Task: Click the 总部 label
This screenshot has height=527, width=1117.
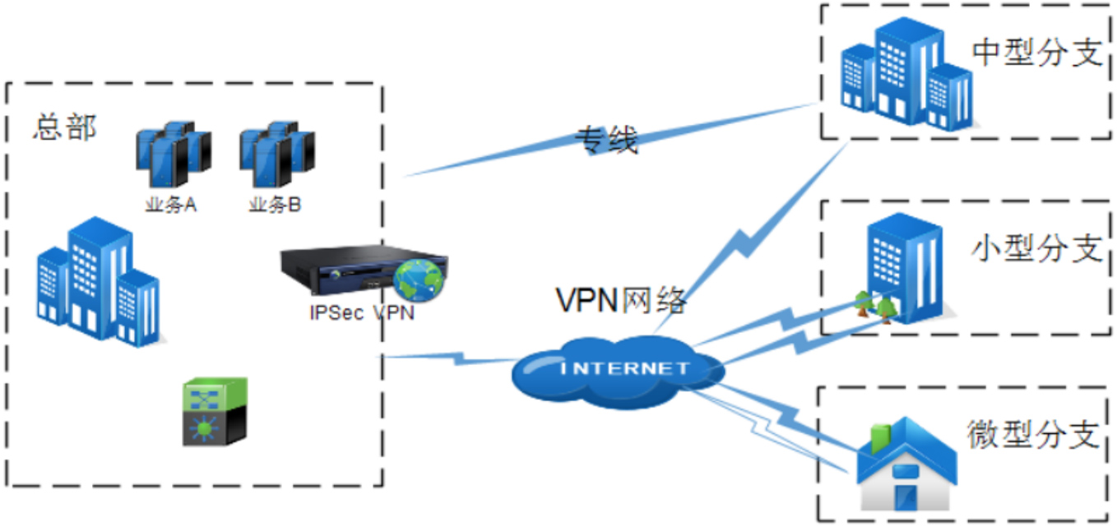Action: pos(64,127)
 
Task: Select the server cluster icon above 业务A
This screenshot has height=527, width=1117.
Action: pos(173,155)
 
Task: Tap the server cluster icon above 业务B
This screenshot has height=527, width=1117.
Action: pos(277,155)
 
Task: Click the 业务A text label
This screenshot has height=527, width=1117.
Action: pos(170,205)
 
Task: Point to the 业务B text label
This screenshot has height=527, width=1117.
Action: pos(275,205)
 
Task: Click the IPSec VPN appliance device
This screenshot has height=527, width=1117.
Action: pos(345,270)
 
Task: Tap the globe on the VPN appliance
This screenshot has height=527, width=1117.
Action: pos(420,280)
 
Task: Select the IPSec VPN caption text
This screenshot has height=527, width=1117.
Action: pos(362,313)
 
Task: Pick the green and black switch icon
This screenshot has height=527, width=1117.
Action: pos(215,412)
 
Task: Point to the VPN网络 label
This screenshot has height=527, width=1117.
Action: pos(621,301)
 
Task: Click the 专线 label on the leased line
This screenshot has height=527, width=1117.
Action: pos(606,141)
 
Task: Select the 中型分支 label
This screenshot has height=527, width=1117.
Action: pos(1036,53)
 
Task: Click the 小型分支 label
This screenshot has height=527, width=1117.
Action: pos(1036,247)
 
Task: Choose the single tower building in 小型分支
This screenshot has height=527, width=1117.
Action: pos(905,263)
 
